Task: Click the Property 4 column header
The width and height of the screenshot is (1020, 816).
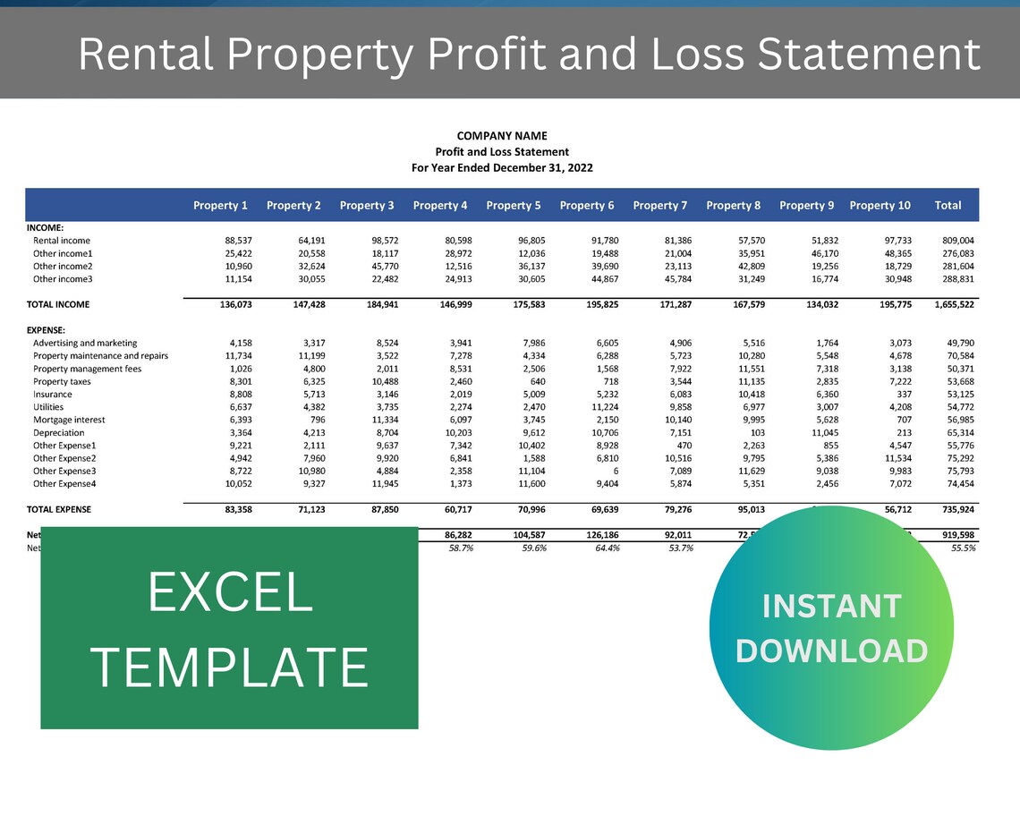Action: point(440,206)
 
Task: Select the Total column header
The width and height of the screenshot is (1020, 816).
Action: point(948,206)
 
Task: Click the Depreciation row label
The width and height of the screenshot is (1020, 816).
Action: point(59,433)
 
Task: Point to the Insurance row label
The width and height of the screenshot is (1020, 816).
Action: point(53,395)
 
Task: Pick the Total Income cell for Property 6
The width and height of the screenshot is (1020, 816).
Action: point(596,305)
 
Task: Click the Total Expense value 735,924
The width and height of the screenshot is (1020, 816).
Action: point(953,510)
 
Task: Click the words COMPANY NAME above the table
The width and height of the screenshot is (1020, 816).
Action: point(502,136)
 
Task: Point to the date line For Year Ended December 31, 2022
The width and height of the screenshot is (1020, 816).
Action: point(502,167)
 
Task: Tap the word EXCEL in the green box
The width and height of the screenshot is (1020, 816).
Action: point(229,592)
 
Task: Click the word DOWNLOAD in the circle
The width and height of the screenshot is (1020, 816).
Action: point(831,650)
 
